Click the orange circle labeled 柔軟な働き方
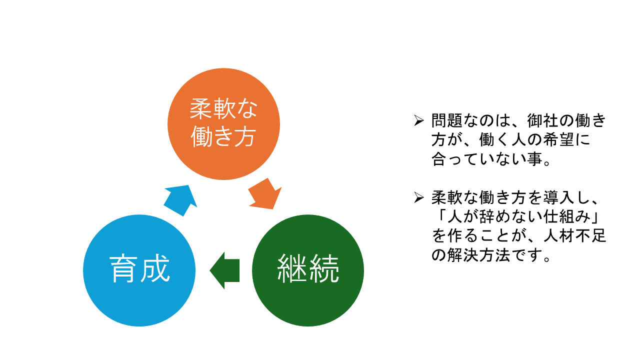223,124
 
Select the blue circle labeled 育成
139,270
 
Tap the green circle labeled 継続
308,270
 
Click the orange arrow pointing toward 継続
264,193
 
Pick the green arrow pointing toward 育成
224,270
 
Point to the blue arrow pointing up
180,199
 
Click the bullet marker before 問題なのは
419,120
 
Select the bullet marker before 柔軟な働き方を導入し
419,198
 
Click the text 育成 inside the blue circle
139,270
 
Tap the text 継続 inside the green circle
308,270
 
